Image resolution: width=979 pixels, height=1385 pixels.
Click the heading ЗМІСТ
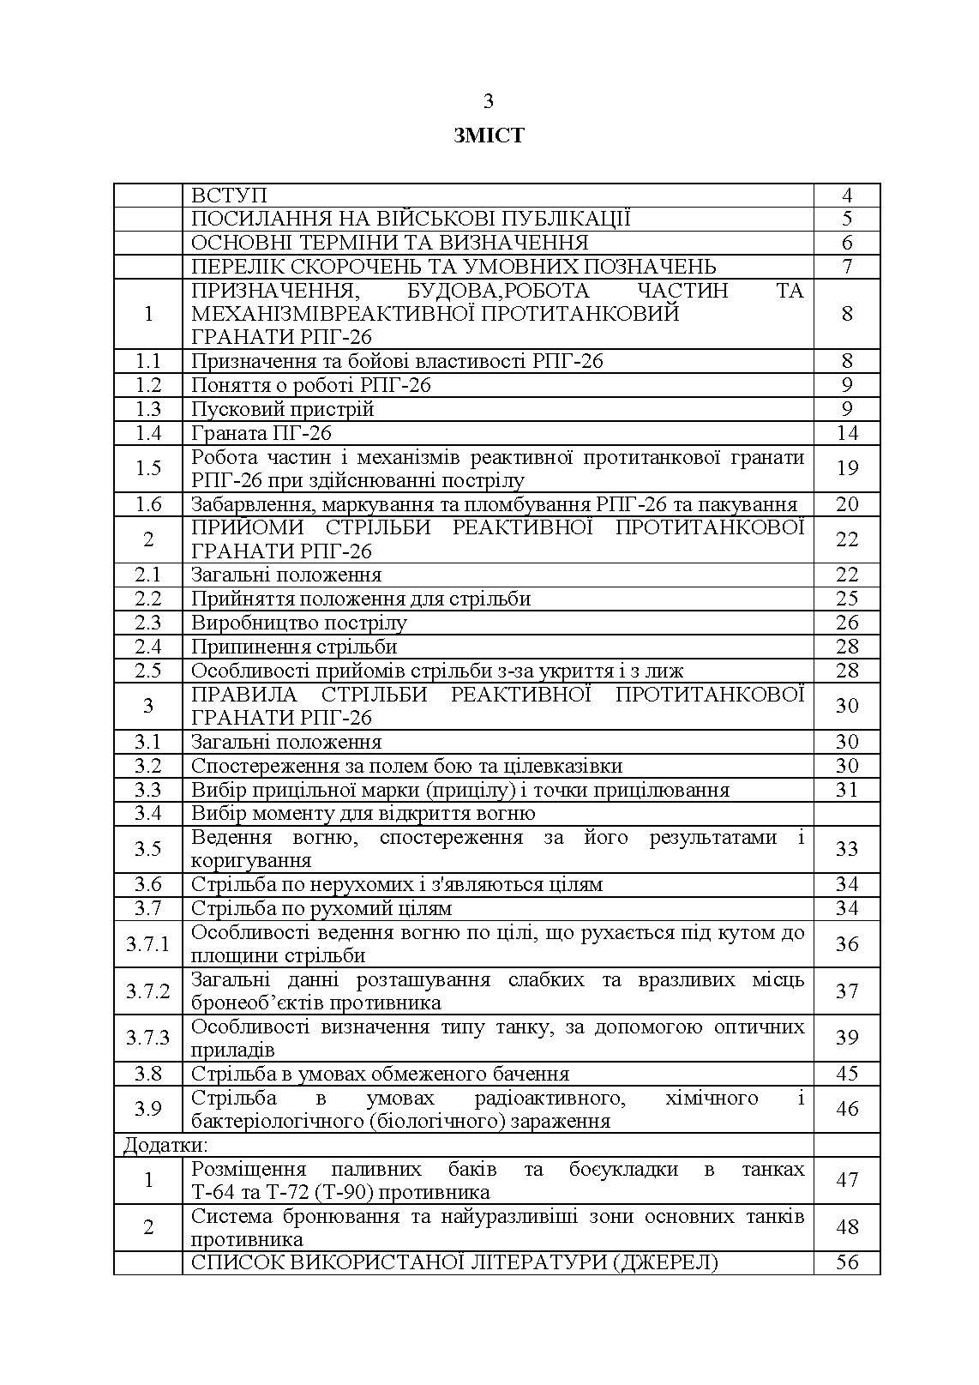pos(489,135)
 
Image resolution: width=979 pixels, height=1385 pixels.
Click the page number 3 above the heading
pos(489,101)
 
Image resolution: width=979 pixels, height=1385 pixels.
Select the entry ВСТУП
pos(229,196)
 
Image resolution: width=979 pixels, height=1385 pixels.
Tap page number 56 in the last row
pos(846,1262)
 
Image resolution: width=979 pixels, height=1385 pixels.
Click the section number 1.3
pos(148,409)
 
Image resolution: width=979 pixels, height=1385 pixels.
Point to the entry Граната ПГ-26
pos(261,433)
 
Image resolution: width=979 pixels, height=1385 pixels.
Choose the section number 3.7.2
pos(148,991)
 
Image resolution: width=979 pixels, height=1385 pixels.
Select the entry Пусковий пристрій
pos(283,409)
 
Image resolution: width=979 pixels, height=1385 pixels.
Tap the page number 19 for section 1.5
pos(846,468)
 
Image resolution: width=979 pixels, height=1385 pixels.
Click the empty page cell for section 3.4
pos(846,813)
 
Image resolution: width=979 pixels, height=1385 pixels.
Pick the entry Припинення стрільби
pos(294,647)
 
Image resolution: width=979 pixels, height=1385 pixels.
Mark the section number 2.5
pos(148,671)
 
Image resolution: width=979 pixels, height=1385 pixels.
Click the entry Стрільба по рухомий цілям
pos(321,908)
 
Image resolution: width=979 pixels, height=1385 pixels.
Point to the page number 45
pos(846,1074)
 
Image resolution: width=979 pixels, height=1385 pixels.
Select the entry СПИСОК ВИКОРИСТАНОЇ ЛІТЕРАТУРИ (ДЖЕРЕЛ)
pos(454,1262)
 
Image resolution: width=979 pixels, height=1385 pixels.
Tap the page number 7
pos(846,267)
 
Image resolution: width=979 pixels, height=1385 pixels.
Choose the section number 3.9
pos(148,1110)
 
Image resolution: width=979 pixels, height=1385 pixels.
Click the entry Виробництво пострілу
pos(299,623)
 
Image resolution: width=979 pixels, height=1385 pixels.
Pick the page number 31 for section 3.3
pos(846,790)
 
